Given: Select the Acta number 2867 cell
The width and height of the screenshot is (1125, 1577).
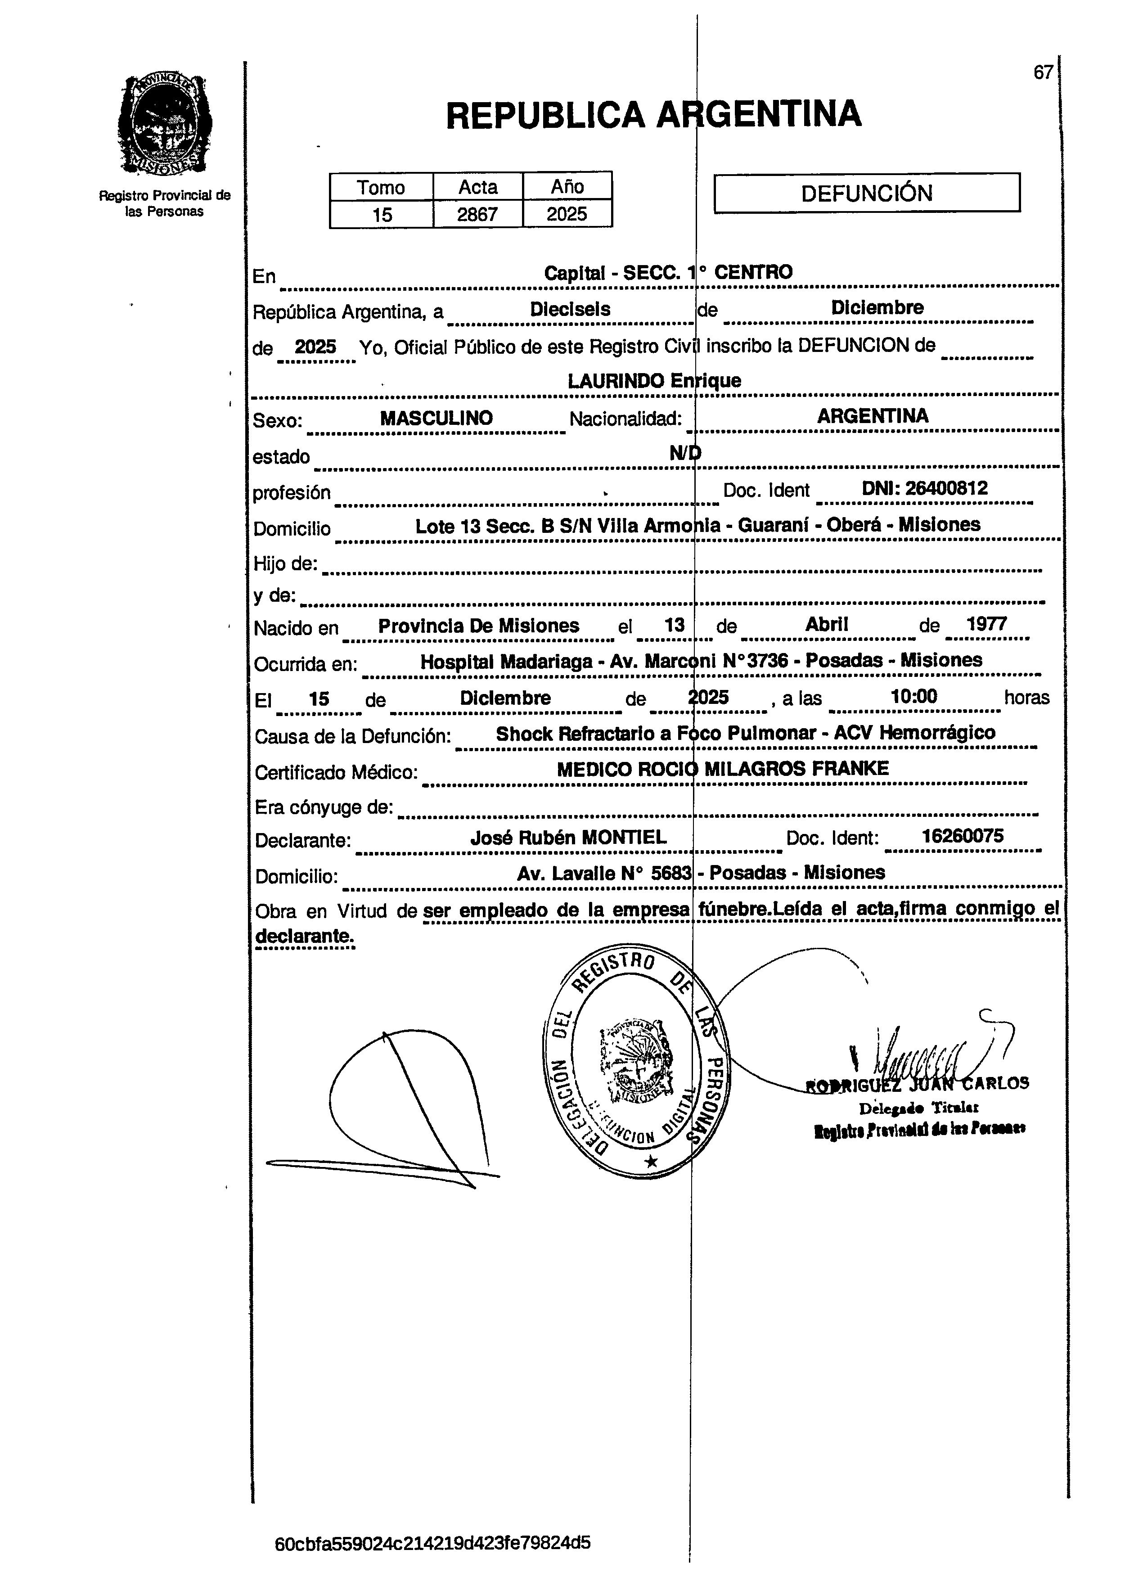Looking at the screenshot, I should point(477,214).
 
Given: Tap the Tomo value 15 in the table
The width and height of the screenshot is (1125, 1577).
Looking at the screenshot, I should point(382,214).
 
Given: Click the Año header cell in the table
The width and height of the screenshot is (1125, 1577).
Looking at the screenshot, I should point(567,186).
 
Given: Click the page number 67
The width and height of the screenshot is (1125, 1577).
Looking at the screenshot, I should point(1043,73).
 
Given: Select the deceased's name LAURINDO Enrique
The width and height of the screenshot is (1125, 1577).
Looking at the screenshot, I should point(654,380).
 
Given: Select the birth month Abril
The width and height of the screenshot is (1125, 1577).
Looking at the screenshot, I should point(827,624).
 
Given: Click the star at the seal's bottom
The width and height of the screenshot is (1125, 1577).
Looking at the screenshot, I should point(651,1161).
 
